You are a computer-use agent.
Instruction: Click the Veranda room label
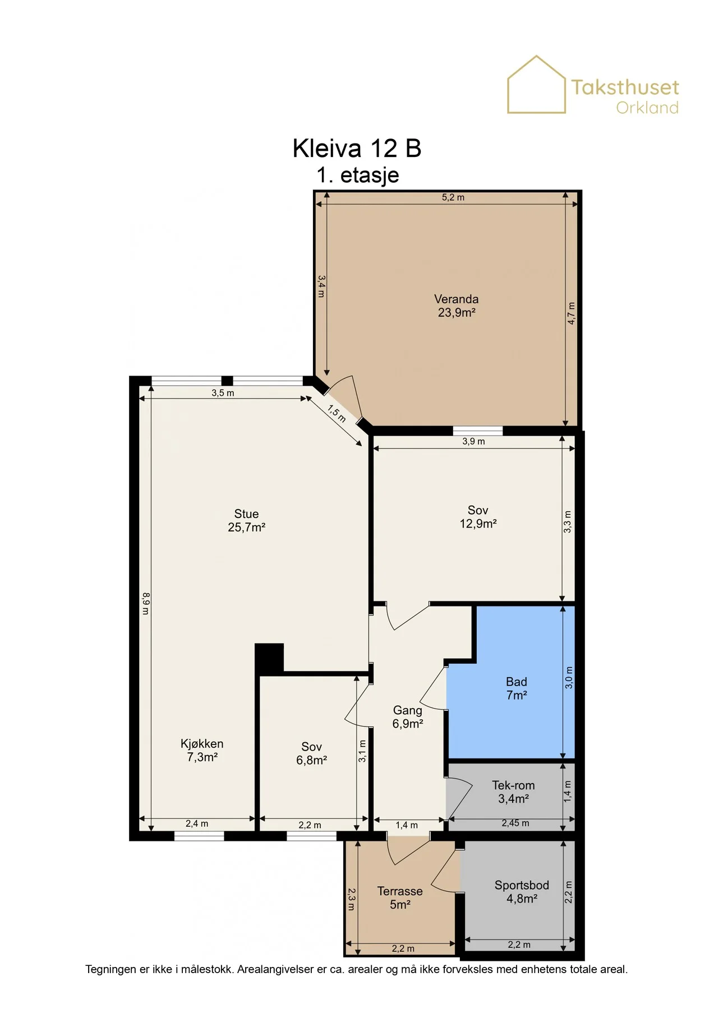(x=457, y=306)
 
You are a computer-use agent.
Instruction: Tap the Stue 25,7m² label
(x=246, y=521)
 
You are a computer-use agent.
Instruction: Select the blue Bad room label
(x=517, y=688)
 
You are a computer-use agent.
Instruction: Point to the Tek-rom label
(x=513, y=792)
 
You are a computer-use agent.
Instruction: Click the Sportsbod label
(x=522, y=892)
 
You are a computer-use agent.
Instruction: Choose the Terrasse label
(x=400, y=898)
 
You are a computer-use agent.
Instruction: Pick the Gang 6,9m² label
(x=408, y=717)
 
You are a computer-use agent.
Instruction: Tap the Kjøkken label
(x=202, y=751)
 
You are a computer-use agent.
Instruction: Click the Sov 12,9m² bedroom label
(x=478, y=517)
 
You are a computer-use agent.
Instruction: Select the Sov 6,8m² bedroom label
(x=311, y=753)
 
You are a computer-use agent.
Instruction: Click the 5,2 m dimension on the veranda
(x=453, y=197)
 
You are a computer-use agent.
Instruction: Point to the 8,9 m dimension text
(x=145, y=604)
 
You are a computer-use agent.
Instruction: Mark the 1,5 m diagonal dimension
(x=337, y=414)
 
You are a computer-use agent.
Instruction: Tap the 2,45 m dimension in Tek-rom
(x=515, y=823)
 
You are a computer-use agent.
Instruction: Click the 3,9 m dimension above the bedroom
(x=474, y=441)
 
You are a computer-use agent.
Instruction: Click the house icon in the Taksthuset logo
(x=537, y=85)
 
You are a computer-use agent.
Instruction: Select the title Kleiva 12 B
(x=357, y=149)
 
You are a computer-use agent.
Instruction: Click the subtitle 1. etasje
(x=358, y=175)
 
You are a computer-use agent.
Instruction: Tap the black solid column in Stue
(x=269, y=657)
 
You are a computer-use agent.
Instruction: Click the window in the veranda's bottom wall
(x=478, y=431)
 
